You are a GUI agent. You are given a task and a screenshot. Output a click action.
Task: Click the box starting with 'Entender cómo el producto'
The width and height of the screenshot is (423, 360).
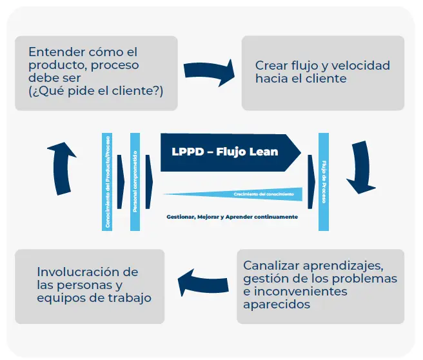tap(96, 72)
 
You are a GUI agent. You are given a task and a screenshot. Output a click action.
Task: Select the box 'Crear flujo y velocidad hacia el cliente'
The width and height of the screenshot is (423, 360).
tap(322, 72)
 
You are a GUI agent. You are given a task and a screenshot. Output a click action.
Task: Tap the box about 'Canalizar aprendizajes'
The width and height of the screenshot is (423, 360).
tap(320, 286)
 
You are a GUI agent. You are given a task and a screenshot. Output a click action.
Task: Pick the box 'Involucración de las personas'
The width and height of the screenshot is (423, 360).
tap(90, 286)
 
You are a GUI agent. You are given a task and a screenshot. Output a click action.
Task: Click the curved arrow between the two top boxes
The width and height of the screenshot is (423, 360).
tap(209, 73)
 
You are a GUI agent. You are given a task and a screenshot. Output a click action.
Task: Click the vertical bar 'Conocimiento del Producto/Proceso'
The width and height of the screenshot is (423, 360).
tap(107, 181)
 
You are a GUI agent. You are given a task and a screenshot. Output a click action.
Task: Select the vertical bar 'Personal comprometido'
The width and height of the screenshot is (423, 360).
tap(135, 181)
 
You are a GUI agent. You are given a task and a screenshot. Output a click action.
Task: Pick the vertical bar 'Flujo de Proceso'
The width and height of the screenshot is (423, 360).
tap(324, 181)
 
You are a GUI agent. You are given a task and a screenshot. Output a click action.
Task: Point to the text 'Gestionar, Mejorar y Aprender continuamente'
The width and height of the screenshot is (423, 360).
tap(232, 217)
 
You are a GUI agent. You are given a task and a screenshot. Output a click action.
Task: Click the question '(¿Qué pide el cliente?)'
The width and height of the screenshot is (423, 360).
tap(96, 91)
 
